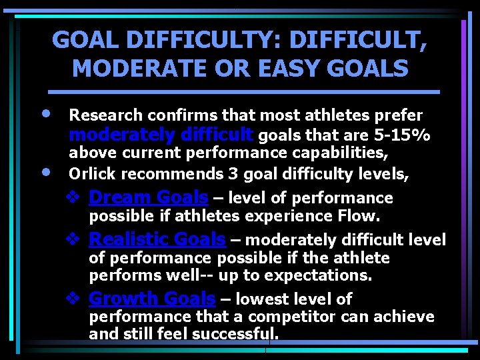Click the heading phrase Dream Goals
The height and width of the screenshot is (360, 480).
click(148, 197)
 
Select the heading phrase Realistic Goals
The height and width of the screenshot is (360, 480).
click(157, 239)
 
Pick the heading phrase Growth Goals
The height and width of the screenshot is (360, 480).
click(152, 298)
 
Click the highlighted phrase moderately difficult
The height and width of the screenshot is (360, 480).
click(160, 136)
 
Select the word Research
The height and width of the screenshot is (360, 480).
click(103, 116)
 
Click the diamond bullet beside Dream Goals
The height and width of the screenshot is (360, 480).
click(74, 197)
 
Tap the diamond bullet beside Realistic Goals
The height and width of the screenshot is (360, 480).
click(74, 239)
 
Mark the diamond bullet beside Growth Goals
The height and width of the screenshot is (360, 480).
click(74, 298)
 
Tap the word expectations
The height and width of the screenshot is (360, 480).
click(327, 275)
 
